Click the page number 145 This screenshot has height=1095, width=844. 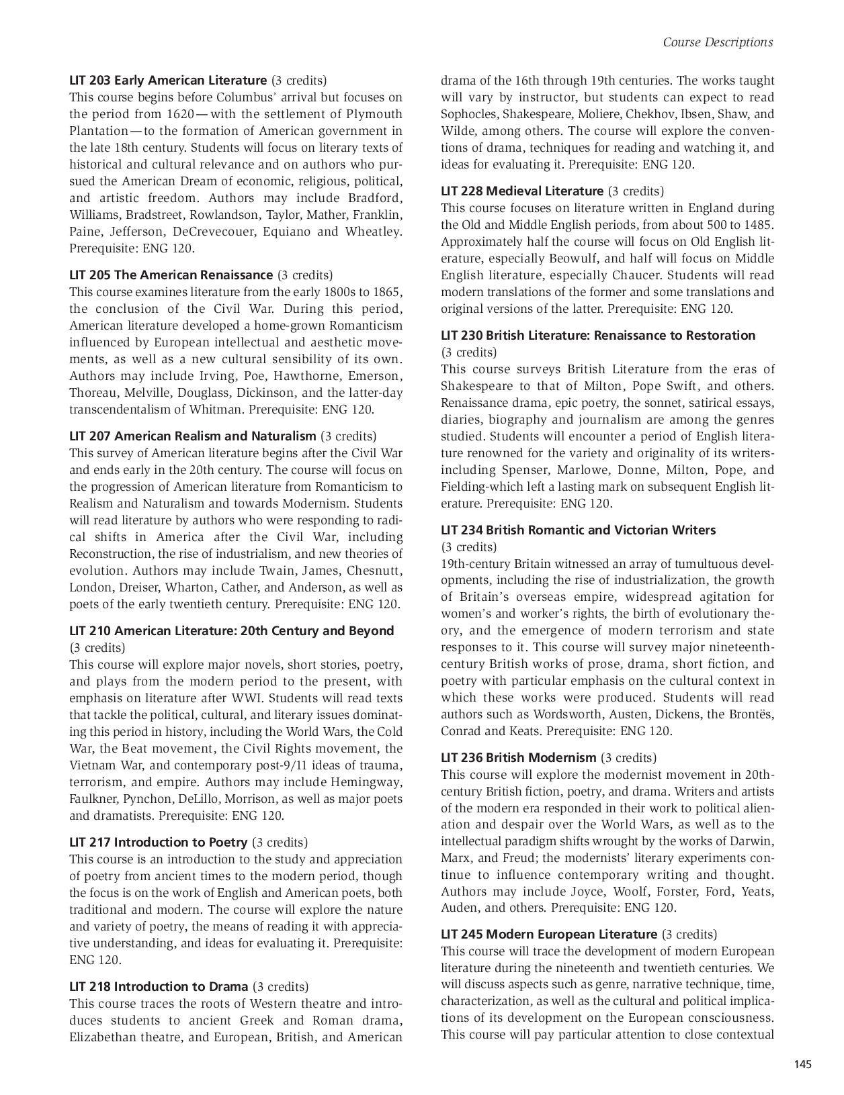[802, 1064]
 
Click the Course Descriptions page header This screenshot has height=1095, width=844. [718, 42]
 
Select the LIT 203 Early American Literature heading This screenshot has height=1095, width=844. [168, 80]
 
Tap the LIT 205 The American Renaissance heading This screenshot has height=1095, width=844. [171, 275]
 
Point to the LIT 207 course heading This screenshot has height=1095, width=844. [192, 436]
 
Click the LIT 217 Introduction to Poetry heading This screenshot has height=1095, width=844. [159, 842]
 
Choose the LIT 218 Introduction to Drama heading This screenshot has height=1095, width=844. [159, 986]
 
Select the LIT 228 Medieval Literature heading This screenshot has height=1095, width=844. [522, 191]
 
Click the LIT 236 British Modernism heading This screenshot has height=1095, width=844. [518, 757]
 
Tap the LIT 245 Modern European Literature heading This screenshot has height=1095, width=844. [549, 934]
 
